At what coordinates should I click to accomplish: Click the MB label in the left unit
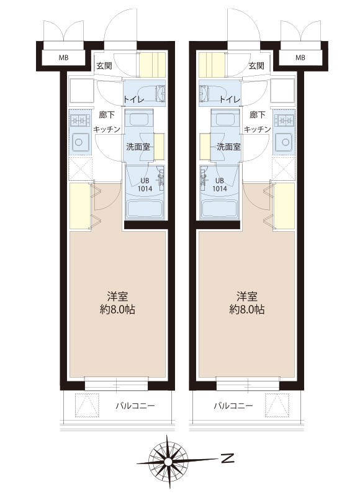(x=64, y=58)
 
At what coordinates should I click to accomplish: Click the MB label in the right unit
(x=300, y=58)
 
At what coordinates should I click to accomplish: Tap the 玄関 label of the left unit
(x=104, y=66)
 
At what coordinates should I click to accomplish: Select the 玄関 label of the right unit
(x=256, y=66)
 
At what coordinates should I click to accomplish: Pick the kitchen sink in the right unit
(x=284, y=142)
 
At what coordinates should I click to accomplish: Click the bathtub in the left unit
(x=145, y=209)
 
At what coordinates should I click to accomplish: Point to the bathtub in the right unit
(x=219, y=209)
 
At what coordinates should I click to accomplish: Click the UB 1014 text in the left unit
(x=145, y=185)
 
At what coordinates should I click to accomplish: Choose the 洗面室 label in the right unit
(x=228, y=147)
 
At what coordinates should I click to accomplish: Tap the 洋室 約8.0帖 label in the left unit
(x=117, y=303)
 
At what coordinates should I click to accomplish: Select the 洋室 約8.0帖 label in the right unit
(x=247, y=303)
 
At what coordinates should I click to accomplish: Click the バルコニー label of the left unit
(x=135, y=406)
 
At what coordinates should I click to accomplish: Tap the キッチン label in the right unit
(x=258, y=129)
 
